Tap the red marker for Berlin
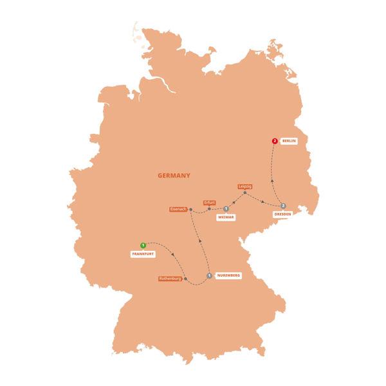[x=275, y=140]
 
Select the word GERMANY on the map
[x=174, y=174]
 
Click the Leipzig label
[x=244, y=187]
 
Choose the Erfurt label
[x=210, y=202]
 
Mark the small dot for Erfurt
[x=210, y=208]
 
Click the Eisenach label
[x=177, y=209]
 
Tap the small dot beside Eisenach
[x=192, y=210]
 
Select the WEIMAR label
[x=225, y=217]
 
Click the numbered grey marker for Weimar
[x=226, y=208]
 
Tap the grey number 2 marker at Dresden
[x=283, y=206]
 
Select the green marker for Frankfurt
[x=143, y=245]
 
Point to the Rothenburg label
[x=170, y=279]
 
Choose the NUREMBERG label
[x=228, y=275]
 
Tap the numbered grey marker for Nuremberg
[x=210, y=276]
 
